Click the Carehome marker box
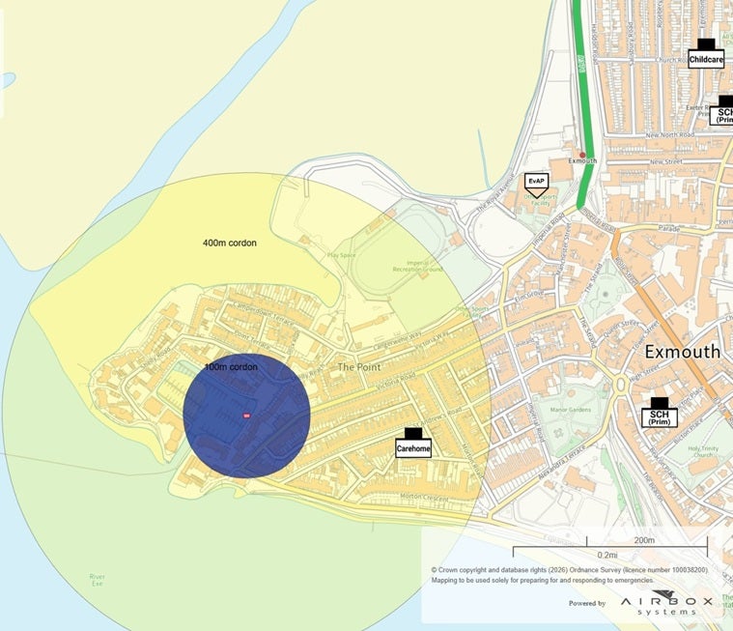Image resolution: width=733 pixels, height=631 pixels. (x=412, y=448)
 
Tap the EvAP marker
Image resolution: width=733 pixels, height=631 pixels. (x=535, y=181)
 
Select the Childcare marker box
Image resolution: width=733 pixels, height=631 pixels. (x=706, y=59)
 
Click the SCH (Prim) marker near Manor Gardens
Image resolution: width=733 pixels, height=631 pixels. (x=660, y=416)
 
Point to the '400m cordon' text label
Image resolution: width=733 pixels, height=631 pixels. (x=230, y=243)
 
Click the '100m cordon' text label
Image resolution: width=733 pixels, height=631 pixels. (x=231, y=367)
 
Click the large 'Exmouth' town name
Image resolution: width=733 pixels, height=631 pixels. (x=682, y=351)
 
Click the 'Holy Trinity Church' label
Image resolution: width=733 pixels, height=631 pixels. (x=704, y=452)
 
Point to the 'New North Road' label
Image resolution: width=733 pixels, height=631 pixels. (x=670, y=135)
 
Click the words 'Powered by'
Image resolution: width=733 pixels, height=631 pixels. (x=587, y=603)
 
